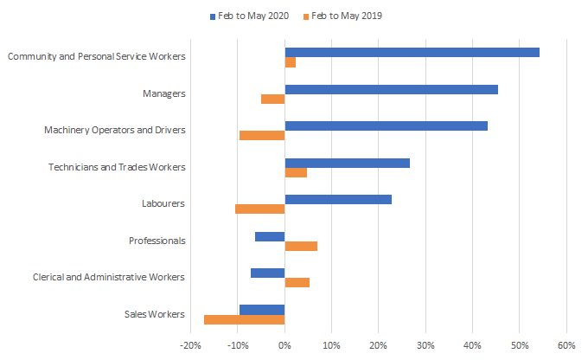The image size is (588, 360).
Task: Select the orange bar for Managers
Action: pyautogui.click(x=273, y=99)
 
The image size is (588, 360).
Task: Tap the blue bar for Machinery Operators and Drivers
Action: pyautogui.click(x=386, y=125)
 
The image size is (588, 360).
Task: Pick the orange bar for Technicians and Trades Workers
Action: pyautogui.click(x=296, y=172)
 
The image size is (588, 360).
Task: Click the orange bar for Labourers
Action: pyautogui.click(x=259, y=209)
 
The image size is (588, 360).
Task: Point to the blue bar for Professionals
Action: pyautogui.click(x=270, y=236)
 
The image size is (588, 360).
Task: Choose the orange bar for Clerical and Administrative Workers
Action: pyautogui.click(x=297, y=282)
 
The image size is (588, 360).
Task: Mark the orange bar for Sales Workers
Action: pyautogui.click(x=244, y=319)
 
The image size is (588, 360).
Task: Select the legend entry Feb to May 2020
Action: pyautogui.click(x=250, y=16)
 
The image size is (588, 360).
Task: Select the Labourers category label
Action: pyautogui.click(x=163, y=204)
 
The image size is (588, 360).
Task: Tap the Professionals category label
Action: pyautogui.click(x=157, y=241)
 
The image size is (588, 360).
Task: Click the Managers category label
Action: pyautogui.click(x=164, y=93)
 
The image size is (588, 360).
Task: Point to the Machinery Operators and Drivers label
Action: pyautogui.click(x=115, y=131)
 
